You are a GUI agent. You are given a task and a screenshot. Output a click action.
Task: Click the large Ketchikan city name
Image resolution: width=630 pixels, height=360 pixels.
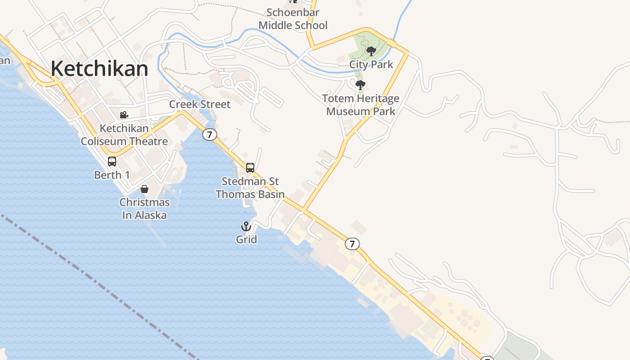click(x=99, y=69)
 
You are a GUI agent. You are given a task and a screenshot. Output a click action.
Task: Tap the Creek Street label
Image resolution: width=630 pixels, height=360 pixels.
click(x=200, y=104)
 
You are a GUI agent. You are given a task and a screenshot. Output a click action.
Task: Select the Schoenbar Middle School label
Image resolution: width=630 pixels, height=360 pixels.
click(x=293, y=19)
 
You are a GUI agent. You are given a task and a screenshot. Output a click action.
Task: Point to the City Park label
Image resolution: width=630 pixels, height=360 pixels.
click(x=371, y=64)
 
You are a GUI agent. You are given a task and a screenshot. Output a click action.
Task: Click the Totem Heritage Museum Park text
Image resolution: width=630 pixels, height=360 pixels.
click(x=361, y=105)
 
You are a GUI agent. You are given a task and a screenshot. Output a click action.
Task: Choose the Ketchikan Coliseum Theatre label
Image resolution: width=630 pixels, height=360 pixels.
click(x=124, y=135)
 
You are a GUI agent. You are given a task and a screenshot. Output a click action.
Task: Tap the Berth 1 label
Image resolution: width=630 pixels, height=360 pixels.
click(x=112, y=175)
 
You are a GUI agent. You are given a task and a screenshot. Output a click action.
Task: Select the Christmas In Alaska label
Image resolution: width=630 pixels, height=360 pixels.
click(x=144, y=209)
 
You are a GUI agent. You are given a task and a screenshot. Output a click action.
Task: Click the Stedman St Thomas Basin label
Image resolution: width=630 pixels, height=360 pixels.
click(x=250, y=188)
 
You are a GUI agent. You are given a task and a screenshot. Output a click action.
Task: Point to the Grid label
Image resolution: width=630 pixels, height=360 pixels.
click(x=247, y=239)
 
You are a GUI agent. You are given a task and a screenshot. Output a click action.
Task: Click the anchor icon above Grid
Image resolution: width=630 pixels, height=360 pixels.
click(x=246, y=226)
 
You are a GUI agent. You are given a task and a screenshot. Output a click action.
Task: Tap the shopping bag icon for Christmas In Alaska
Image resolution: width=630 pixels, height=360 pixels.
click(x=144, y=189)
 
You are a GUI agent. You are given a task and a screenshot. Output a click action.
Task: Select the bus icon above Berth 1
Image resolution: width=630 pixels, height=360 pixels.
click(x=112, y=161)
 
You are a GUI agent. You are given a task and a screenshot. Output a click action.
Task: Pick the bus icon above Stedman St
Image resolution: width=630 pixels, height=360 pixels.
click(x=250, y=168)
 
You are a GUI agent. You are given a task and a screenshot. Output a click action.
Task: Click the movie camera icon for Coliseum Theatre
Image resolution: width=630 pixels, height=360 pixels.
click(x=124, y=115)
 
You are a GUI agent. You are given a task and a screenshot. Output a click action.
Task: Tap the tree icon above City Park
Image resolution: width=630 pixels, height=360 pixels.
click(x=371, y=51)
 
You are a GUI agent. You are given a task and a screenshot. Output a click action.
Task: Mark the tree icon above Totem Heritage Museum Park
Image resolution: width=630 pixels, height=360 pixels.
click(x=360, y=85)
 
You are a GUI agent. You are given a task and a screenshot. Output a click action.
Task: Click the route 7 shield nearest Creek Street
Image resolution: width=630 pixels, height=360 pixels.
click(x=209, y=134)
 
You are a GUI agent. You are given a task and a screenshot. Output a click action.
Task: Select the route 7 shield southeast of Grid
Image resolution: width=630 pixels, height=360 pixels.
click(x=352, y=244)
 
